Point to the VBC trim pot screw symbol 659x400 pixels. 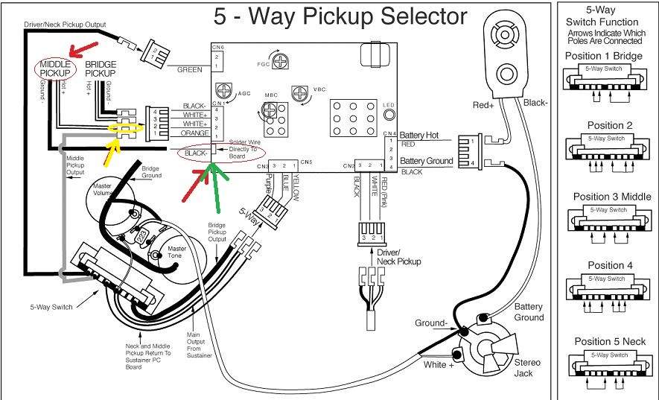[x=300, y=95]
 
